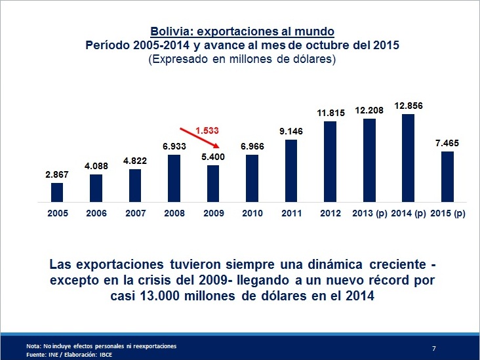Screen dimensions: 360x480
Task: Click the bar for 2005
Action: coord(57,192)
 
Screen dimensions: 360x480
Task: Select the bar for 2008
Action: coord(174,178)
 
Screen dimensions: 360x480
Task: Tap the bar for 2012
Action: coord(330,161)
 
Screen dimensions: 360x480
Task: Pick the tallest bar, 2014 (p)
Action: coord(408,158)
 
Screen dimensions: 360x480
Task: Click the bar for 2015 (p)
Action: coord(447,176)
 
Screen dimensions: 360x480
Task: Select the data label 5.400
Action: coord(213,158)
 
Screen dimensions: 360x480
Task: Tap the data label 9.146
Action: coord(290,132)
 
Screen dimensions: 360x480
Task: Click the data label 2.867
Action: coord(57,175)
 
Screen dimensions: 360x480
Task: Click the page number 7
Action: coord(434,346)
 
